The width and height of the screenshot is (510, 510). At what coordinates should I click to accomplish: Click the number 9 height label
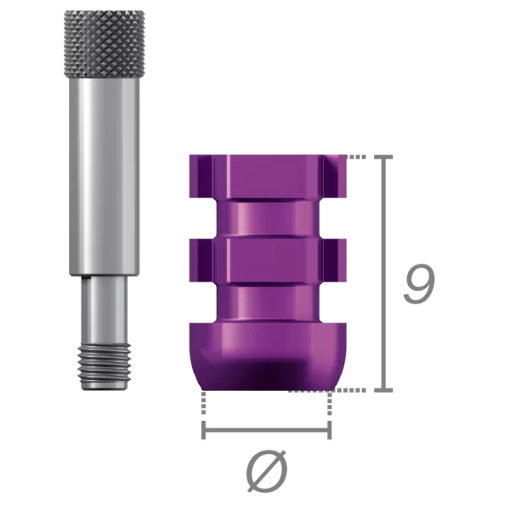coord(419,285)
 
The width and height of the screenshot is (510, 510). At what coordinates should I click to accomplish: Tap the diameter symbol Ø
coord(265,471)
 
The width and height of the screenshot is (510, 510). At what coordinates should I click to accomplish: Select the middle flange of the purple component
coord(265,253)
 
